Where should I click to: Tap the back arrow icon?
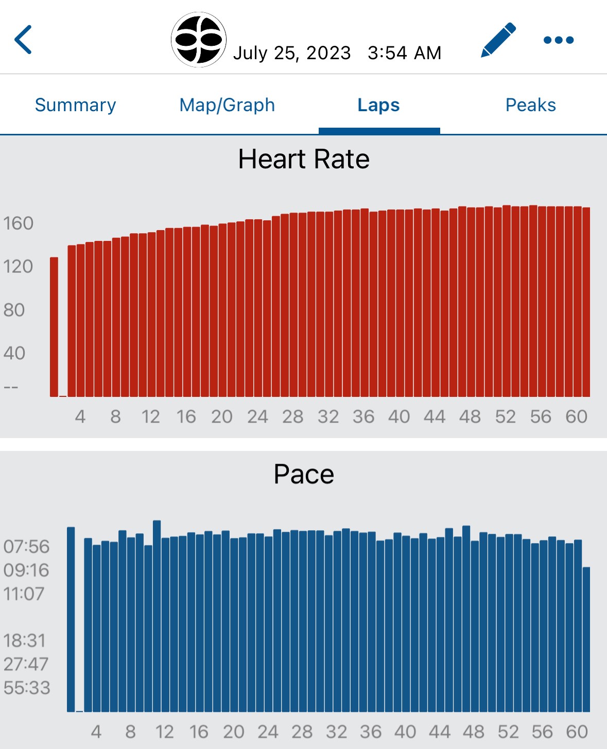click(x=23, y=40)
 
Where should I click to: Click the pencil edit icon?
click(x=498, y=40)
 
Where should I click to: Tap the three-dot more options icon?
click(x=559, y=40)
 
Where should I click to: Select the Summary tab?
click(x=75, y=105)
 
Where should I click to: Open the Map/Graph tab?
click(x=227, y=105)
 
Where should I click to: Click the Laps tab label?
click(x=378, y=105)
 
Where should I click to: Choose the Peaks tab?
click(x=530, y=105)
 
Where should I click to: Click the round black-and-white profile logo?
click(x=199, y=40)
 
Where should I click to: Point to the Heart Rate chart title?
click(x=304, y=159)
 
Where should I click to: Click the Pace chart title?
click(x=304, y=474)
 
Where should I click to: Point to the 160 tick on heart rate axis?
click(x=18, y=223)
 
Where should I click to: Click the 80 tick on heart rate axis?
click(x=14, y=310)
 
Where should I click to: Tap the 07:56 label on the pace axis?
click(x=26, y=546)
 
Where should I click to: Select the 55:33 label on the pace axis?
click(x=27, y=688)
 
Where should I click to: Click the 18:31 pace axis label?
click(x=25, y=640)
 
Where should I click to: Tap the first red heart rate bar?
click(x=54, y=327)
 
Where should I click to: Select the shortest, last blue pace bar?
click(x=586, y=638)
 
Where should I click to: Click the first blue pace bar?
click(x=71, y=618)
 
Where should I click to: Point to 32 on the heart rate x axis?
click(x=328, y=416)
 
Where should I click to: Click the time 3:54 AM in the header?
click(x=404, y=53)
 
